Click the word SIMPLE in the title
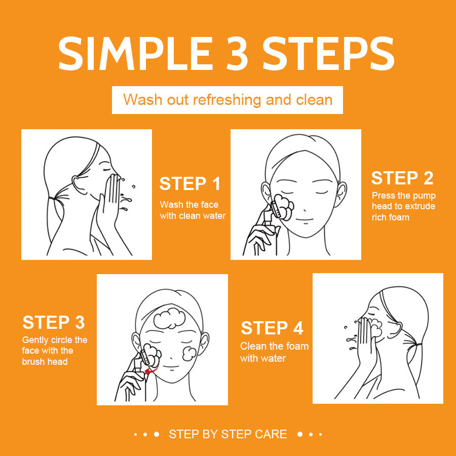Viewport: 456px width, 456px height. [133, 53]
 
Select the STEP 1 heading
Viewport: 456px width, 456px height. [190, 184]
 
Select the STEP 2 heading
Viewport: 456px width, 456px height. [402, 178]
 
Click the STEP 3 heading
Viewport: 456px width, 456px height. [54, 323]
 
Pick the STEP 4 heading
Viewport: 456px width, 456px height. [272, 328]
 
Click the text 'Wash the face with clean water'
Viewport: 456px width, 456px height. [193, 210]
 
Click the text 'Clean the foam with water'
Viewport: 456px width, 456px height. [274, 353]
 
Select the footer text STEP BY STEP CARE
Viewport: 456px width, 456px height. [227, 434]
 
